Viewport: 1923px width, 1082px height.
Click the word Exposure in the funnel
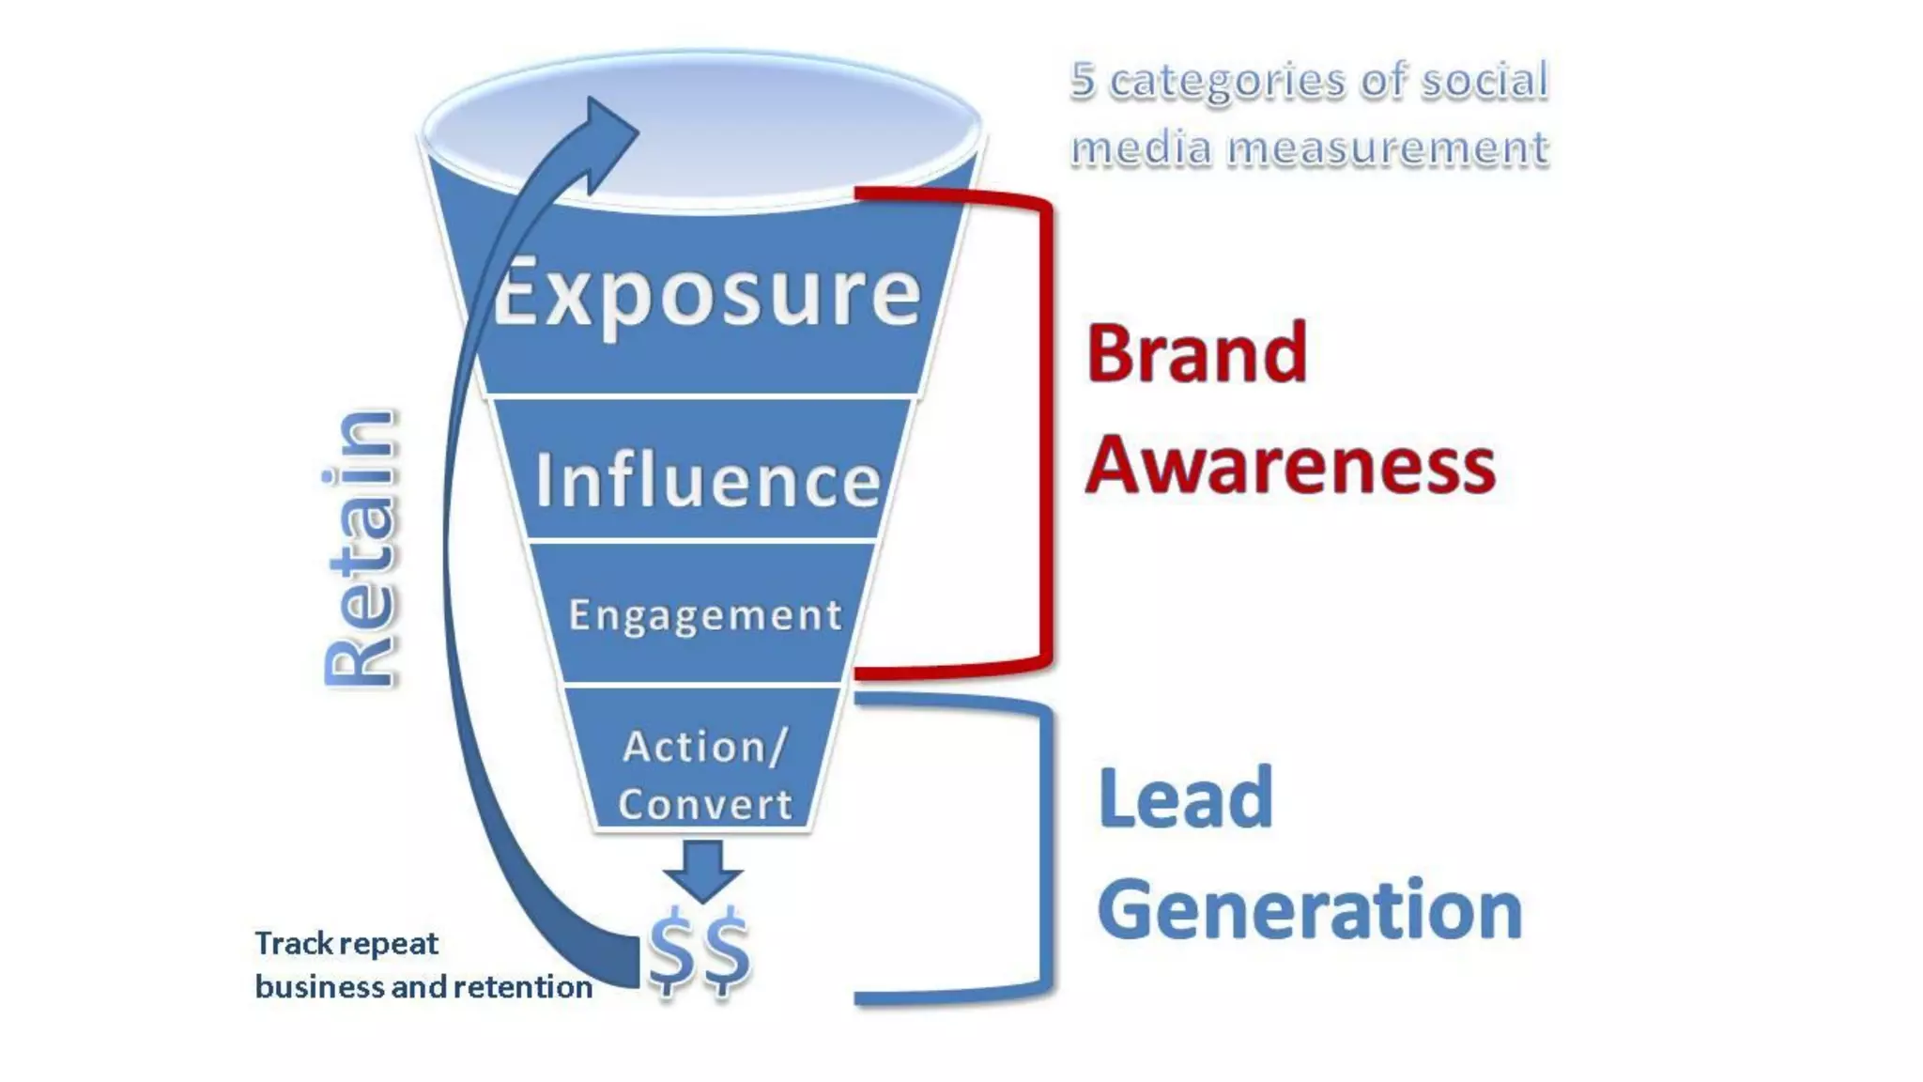click(707, 293)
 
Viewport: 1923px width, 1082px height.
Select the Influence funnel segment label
click(707, 480)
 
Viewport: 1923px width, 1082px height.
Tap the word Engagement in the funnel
click(705, 616)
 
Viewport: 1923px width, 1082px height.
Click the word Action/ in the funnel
click(704, 747)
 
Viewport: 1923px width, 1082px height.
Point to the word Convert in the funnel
click(705, 805)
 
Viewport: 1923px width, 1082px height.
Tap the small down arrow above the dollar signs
click(702, 869)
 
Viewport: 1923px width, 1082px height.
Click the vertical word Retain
click(360, 549)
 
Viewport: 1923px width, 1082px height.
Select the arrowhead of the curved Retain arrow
click(606, 136)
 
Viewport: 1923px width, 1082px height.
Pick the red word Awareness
click(1290, 466)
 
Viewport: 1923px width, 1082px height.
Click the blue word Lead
click(1185, 798)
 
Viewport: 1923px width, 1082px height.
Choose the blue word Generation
click(1309, 909)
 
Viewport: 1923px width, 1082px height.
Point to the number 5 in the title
click(1083, 80)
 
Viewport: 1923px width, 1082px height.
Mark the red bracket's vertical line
click(1045, 432)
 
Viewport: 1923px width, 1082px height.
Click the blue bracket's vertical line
click(1046, 850)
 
